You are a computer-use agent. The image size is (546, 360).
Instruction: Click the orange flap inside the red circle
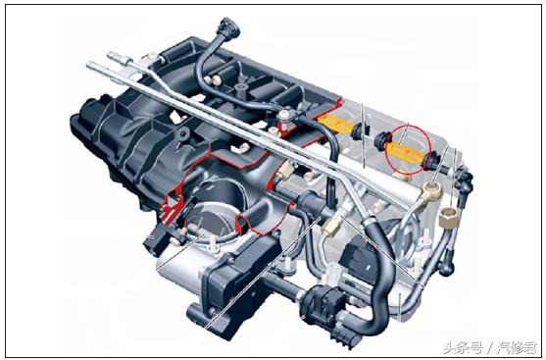[405, 152]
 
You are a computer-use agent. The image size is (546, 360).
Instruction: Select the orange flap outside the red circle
[335, 124]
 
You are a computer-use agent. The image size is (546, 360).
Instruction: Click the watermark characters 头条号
[463, 347]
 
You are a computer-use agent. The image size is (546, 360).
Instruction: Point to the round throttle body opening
[210, 222]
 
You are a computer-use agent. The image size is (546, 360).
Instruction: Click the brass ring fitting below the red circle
[432, 190]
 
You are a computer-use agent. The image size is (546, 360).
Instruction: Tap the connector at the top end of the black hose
[227, 28]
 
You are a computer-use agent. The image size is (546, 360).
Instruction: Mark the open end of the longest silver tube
[90, 65]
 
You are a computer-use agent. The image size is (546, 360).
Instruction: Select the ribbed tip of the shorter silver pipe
[116, 56]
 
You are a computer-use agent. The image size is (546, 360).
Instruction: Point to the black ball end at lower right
[447, 267]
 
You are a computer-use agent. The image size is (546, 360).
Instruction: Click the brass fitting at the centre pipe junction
[331, 226]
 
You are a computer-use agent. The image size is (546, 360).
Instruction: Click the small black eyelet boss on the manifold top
[182, 132]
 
